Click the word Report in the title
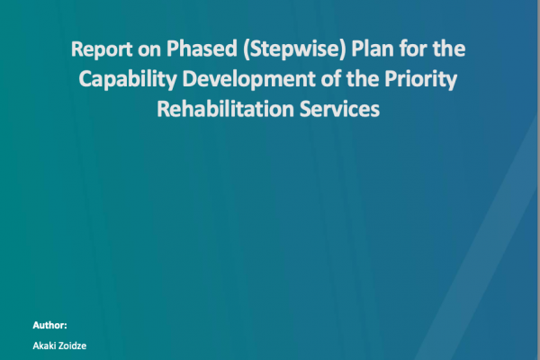[102, 49]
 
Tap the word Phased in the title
[202, 49]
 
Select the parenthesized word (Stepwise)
[294, 49]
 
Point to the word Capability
[128, 80]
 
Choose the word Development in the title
[248, 80]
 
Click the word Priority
[421, 80]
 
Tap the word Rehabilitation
[225, 109]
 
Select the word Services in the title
[339, 109]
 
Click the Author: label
[49, 325]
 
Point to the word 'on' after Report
[149, 51]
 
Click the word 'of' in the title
[330, 79]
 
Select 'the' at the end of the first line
[449, 49]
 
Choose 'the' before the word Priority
[363, 79]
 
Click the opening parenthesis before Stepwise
[247, 50]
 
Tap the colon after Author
[66, 327]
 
